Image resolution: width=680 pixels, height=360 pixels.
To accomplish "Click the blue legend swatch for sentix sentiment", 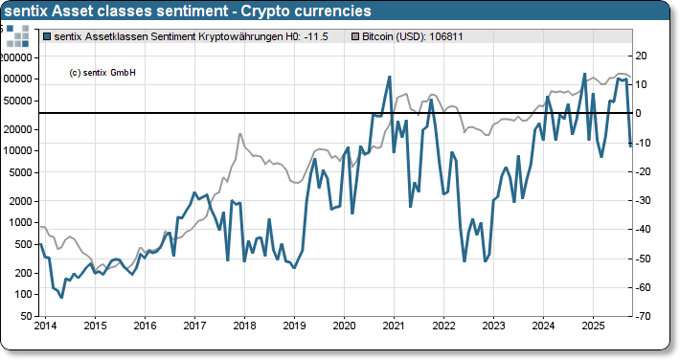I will tap(49, 36).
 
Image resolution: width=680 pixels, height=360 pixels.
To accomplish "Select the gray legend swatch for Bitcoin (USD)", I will tap(357, 36).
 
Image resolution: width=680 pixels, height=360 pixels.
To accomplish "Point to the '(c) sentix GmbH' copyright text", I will tap(102, 73).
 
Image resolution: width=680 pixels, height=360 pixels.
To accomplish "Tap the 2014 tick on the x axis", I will tap(44, 326).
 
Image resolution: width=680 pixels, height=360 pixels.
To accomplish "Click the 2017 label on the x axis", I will tap(194, 326).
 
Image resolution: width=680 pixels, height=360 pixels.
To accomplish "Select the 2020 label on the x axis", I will tap(344, 326).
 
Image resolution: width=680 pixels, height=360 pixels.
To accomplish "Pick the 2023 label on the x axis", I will tap(493, 326).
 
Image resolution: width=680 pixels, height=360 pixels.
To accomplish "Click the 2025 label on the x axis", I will tap(593, 326).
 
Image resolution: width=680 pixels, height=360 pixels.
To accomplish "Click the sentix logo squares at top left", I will tap(18, 36).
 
